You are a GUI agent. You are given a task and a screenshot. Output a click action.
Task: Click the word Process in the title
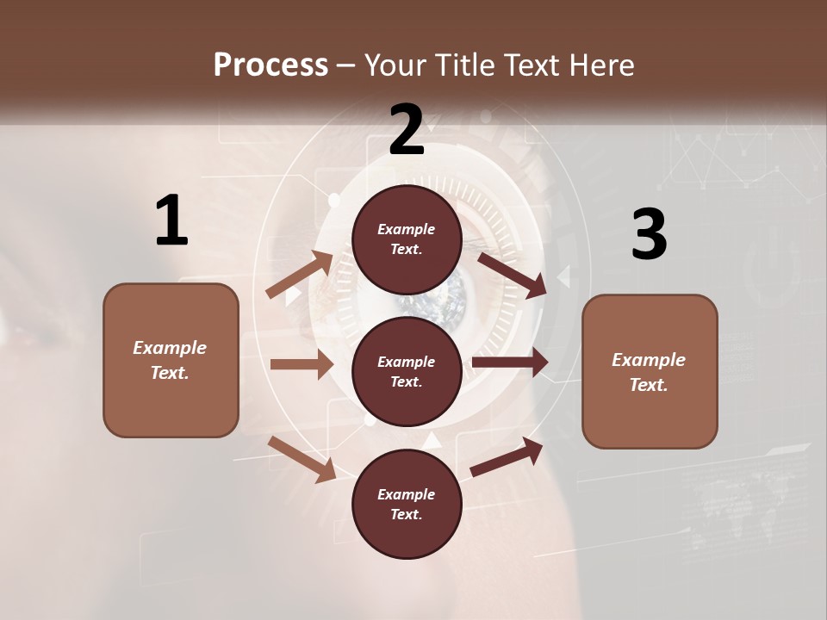pos(270,65)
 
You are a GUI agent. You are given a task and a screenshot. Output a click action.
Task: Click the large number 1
pos(171,220)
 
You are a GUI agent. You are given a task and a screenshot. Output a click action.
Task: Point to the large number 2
pos(407,130)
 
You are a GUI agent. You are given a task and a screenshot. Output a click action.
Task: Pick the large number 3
pos(649,234)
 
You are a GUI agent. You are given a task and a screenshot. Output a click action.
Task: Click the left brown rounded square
pos(171,360)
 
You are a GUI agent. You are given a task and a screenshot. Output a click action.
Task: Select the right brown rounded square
pos(650,371)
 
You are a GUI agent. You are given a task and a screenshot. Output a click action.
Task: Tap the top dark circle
pos(407,239)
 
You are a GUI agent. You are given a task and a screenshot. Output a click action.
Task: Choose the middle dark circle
pos(407,371)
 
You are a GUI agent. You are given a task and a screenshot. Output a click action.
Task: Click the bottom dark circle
pos(407,504)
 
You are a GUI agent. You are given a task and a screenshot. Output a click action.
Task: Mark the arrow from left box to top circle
pos(299,275)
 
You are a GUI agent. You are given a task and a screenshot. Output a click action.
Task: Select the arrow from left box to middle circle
pos(302,364)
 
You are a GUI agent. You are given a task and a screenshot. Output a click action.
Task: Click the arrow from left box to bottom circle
pos(302,459)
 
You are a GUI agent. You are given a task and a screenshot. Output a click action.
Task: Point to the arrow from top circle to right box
pos(513,275)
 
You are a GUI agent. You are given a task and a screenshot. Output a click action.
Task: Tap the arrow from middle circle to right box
pos(510,363)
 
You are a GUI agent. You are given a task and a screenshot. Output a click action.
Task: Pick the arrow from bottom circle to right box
pos(507,456)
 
